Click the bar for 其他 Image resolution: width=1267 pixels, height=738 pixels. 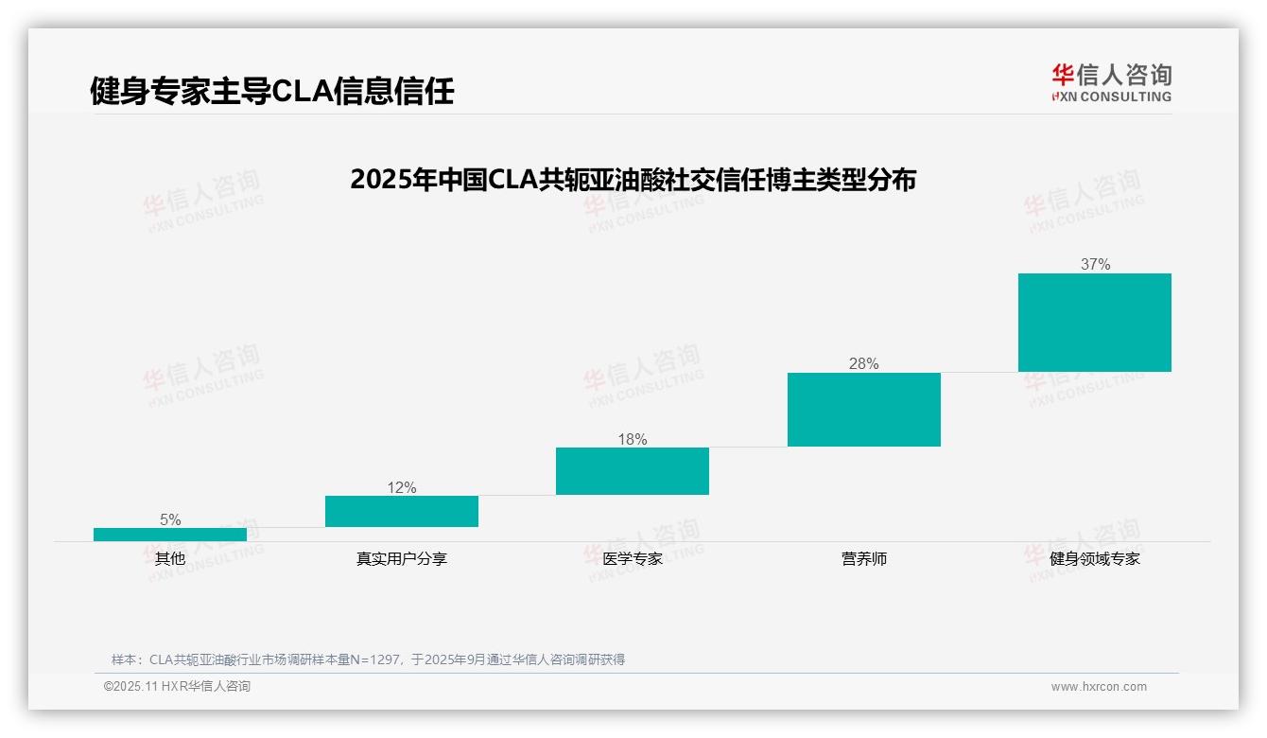170,535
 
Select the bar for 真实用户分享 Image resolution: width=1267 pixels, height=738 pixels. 402,512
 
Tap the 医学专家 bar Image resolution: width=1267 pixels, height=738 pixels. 633,471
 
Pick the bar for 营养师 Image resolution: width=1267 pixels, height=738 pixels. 864,410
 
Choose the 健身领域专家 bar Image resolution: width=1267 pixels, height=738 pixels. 1095,323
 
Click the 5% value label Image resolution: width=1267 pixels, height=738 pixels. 170,519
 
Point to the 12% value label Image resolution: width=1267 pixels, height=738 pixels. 402,487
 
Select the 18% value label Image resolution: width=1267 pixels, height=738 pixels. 633,439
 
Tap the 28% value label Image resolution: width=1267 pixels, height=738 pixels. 864,363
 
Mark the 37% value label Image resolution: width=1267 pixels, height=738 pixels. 1095,265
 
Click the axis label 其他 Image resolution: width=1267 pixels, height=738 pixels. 170,558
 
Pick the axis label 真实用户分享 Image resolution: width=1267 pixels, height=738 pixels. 402,558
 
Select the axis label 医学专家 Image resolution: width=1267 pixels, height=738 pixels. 633,558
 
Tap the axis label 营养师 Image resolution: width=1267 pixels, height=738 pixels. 864,558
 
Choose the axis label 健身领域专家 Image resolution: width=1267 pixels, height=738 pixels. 1095,558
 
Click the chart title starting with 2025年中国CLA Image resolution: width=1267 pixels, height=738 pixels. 633,180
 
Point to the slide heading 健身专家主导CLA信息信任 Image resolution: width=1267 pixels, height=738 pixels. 272,91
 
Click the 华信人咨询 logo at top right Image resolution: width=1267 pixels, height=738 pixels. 1111,82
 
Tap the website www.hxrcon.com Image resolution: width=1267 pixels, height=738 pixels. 1099,687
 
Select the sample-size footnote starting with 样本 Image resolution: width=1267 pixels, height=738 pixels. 368,659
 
